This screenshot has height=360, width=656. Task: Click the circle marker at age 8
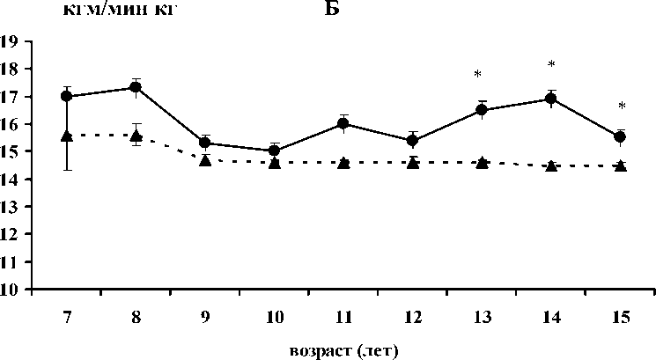point(136,87)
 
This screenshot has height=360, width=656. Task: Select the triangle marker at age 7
point(66,135)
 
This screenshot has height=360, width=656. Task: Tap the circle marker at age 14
point(551,99)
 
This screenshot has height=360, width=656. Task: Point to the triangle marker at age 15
point(620,165)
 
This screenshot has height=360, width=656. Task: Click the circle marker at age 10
point(274,151)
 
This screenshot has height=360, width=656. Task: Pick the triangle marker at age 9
point(205,159)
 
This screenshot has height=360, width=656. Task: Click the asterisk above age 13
point(477,75)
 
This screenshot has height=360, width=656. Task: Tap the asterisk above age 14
point(551,65)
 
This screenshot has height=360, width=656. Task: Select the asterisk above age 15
point(621,107)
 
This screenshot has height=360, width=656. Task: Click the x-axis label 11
point(343,316)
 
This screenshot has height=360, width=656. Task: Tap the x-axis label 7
point(66,316)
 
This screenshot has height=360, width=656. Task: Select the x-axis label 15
point(620,316)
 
